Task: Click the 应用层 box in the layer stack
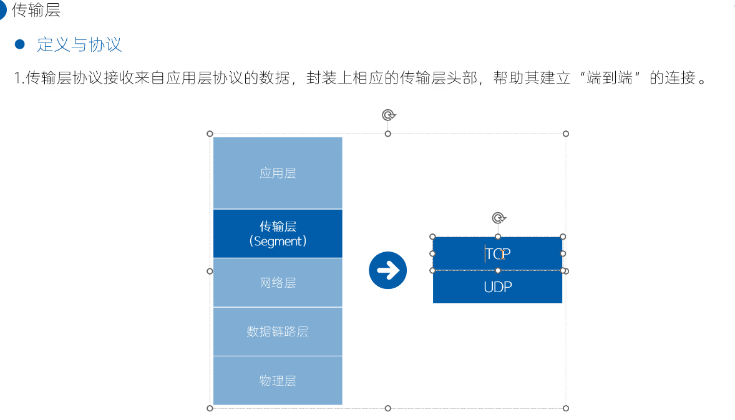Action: click(x=278, y=173)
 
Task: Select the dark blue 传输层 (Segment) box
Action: click(x=278, y=233)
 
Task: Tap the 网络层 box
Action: click(x=278, y=283)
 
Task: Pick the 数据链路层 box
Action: click(x=278, y=331)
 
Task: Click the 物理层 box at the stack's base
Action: click(x=278, y=380)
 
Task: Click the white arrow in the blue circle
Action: click(x=387, y=270)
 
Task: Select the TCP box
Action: click(x=497, y=253)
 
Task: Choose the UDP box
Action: click(x=497, y=287)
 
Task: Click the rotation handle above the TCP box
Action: click(x=498, y=218)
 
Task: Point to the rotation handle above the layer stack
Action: click(x=388, y=115)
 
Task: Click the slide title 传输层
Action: click(x=36, y=10)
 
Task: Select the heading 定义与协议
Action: click(x=79, y=44)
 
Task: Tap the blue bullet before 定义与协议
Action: click(x=19, y=44)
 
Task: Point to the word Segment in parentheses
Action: click(x=278, y=242)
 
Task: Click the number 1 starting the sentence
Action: click(x=17, y=79)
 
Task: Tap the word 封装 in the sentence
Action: click(x=321, y=79)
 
